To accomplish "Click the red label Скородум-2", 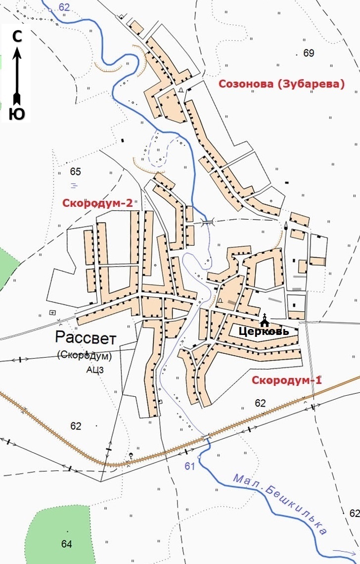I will (x=97, y=203).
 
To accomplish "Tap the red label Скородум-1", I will (x=287, y=380).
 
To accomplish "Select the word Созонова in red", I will (x=245, y=84).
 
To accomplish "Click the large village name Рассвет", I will (x=86, y=338).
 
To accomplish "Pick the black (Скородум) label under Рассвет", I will (x=85, y=355).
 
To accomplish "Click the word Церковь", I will (x=264, y=331).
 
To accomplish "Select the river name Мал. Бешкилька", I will (x=279, y=504).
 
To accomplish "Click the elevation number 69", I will (x=309, y=53).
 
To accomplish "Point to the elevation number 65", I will (x=75, y=172).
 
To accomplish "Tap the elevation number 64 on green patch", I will (x=67, y=544).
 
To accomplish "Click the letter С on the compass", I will (x=17, y=36).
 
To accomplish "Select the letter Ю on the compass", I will (x=17, y=114).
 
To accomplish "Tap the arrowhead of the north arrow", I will (x=17, y=50).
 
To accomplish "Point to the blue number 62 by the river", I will (x=64, y=7).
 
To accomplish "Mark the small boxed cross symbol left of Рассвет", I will (x=52, y=312).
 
